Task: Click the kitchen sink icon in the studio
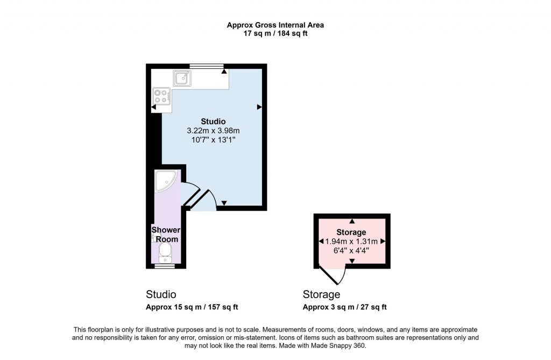(182, 79)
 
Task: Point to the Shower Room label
(165, 235)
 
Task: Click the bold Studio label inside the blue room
(213, 121)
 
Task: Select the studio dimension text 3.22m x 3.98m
(213, 130)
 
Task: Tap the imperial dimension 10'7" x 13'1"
(213, 139)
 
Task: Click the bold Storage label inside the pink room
(351, 232)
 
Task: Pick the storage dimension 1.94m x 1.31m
(351, 241)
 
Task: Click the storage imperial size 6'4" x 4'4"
(351, 250)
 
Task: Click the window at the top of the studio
(207, 66)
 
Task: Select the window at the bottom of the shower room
(165, 266)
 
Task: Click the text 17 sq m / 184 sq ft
(275, 33)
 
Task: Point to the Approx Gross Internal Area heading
(275, 25)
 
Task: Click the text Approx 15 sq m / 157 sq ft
(192, 307)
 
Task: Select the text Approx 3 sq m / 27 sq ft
(344, 307)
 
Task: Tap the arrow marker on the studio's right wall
(259, 108)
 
